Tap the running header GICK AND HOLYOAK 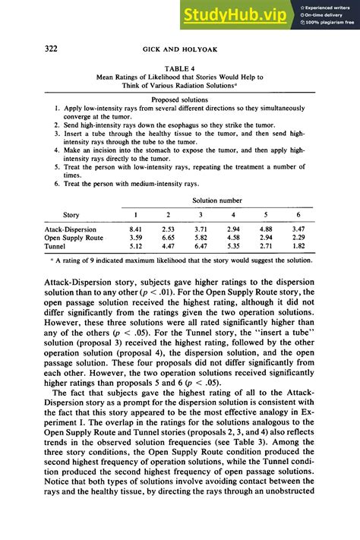tap(180, 50)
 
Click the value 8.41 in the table tap(136, 229)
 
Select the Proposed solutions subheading tap(180, 99)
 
